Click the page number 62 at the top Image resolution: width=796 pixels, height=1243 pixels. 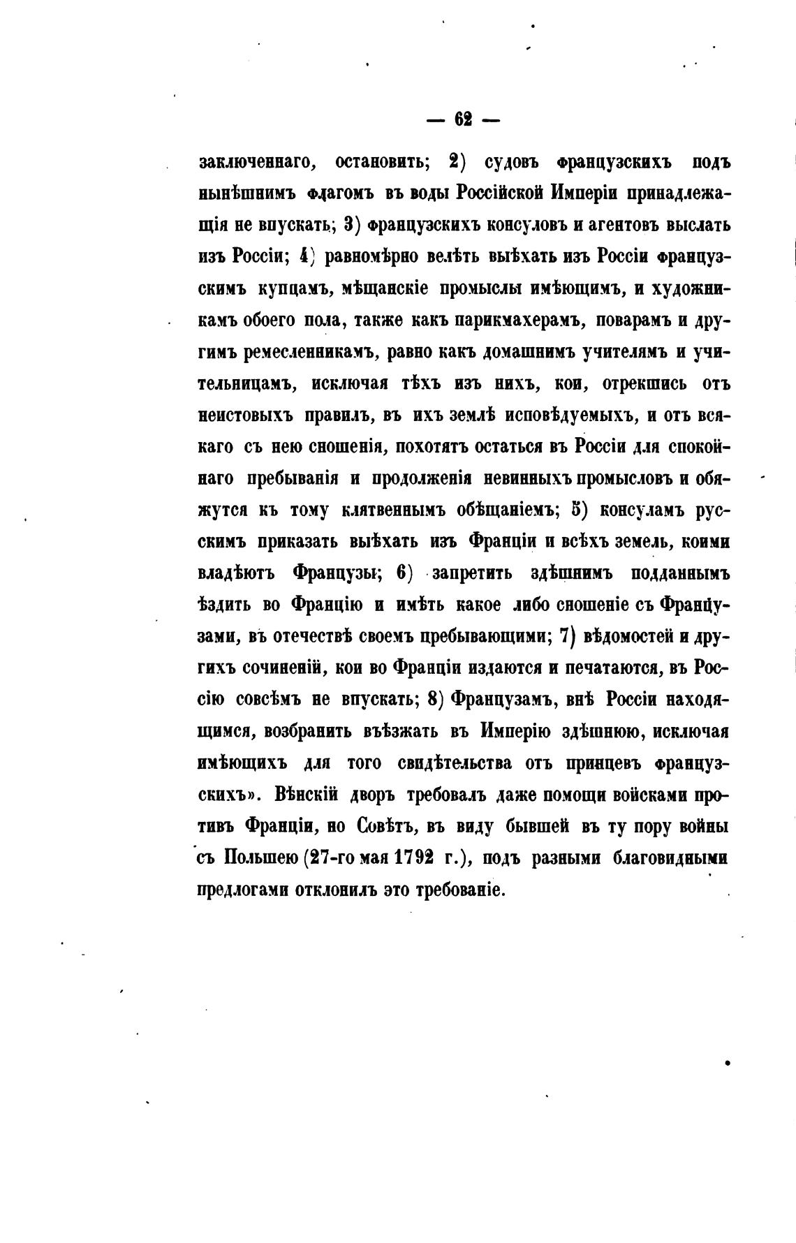click(x=463, y=119)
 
